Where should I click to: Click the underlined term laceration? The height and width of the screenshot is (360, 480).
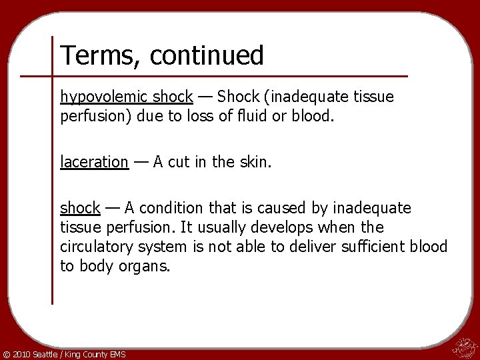point(94,161)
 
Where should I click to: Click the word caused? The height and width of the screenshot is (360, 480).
point(294,208)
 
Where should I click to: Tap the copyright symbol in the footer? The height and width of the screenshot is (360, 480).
point(7,354)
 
